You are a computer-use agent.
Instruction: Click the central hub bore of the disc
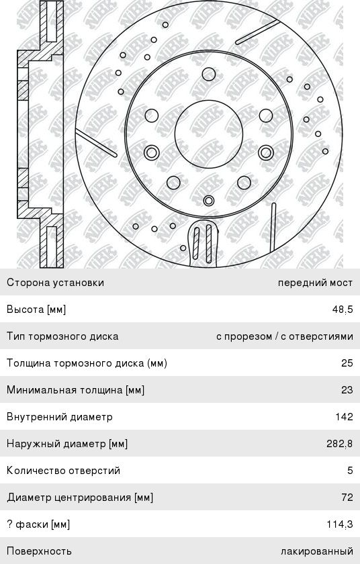tap(209, 134)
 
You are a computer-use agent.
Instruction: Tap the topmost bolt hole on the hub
tap(209, 74)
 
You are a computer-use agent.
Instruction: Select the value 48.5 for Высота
tap(343, 310)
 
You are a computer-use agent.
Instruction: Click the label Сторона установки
tap(55, 283)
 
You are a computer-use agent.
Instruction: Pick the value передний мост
tap(316, 283)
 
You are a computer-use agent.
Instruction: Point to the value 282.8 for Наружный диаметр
tap(340, 444)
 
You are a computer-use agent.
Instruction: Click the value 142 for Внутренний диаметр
tap(344, 417)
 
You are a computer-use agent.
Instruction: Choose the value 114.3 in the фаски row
tap(340, 524)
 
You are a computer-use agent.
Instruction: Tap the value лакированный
tap(317, 551)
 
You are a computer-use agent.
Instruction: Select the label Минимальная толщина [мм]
tap(75, 390)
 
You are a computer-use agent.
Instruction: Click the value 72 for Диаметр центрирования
tap(347, 498)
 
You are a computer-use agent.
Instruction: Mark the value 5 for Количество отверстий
tap(351, 471)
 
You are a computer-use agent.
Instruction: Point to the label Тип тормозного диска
tap(62, 336)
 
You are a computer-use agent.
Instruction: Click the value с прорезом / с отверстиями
tap(285, 336)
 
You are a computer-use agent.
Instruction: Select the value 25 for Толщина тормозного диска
tap(347, 363)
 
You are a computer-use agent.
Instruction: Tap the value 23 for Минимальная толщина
tap(347, 390)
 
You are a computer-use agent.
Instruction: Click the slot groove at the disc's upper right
tap(257, 32)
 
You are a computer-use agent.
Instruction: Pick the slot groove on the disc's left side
tap(96, 144)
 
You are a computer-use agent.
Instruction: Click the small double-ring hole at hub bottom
tap(209, 200)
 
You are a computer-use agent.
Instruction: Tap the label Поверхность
tap(39, 551)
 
